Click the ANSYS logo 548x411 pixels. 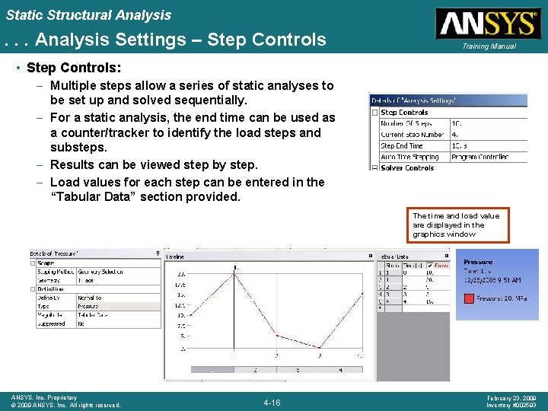487,23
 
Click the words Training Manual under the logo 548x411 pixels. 487,46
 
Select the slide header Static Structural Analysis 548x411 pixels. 89,14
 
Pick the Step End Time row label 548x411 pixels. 401,145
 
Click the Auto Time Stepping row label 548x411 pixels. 408,157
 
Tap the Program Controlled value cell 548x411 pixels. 480,157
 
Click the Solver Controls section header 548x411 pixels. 406,167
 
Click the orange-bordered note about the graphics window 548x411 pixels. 455,225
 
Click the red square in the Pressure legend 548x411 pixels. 470,299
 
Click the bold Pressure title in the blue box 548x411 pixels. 478,262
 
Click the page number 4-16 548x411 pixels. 272,403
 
